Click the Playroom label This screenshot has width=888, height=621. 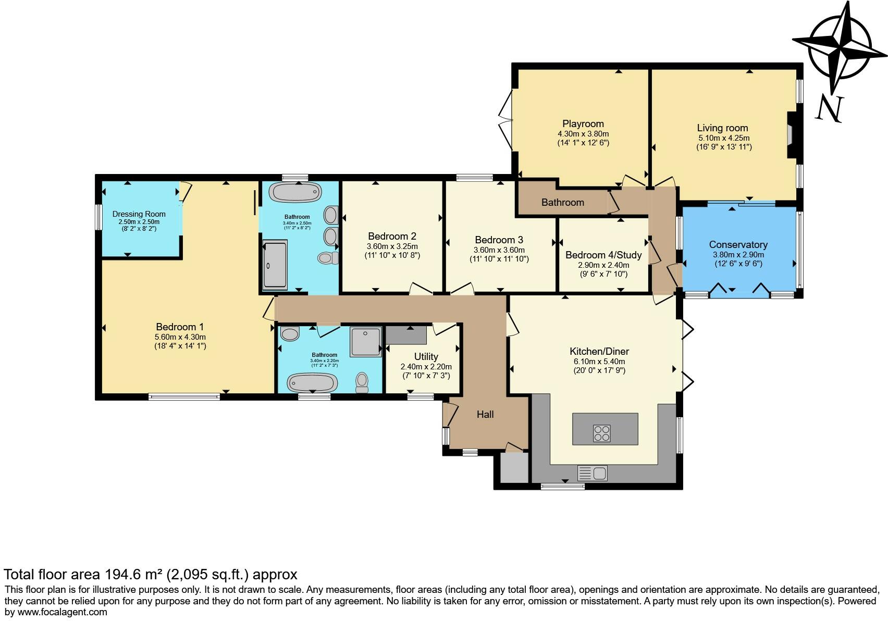[583, 124]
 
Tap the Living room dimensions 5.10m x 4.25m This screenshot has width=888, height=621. [724, 138]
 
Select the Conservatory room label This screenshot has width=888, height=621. [738, 245]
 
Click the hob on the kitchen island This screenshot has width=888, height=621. [601, 433]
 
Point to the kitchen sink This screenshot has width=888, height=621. [593, 473]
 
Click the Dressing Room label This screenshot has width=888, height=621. [139, 214]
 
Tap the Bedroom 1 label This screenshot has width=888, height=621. [180, 327]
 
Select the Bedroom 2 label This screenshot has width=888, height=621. [392, 237]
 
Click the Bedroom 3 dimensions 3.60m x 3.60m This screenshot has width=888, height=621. [499, 250]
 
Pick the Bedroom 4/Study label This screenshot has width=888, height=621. [603, 255]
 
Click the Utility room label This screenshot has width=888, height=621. [426, 357]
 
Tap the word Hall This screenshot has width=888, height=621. [485, 415]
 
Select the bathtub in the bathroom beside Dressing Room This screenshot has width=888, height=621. [296, 192]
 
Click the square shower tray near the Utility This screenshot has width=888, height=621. [366, 341]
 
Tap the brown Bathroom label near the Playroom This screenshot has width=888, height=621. [562, 202]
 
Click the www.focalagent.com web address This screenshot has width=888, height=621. [62, 612]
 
